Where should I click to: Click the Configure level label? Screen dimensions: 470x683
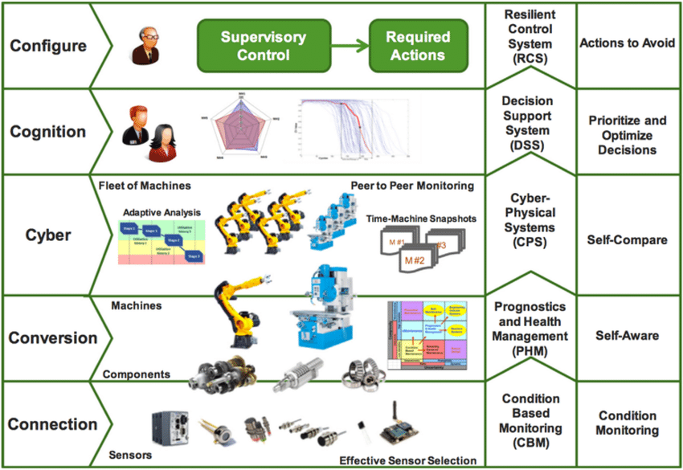coord(47,46)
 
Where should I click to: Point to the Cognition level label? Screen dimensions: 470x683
coord(47,132)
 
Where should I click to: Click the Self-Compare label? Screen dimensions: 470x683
coord(624,240)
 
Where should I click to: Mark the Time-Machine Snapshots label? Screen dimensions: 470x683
coord(419,218)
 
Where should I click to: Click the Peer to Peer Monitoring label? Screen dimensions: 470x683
coord(412,186)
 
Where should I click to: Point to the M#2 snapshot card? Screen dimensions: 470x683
coord(416,260)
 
